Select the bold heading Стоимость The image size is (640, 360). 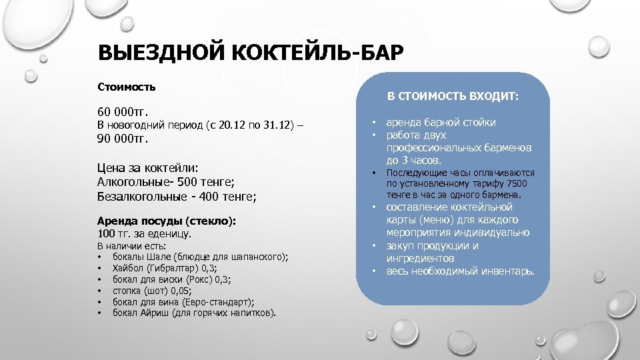click(x=127, y=87)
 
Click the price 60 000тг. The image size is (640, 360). click(x=122, y=109)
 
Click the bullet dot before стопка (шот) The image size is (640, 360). click(x=99, y=291)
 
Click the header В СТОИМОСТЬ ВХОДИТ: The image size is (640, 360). click(x=453, y=97)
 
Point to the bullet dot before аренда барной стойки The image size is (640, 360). click(x=374, y=123)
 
